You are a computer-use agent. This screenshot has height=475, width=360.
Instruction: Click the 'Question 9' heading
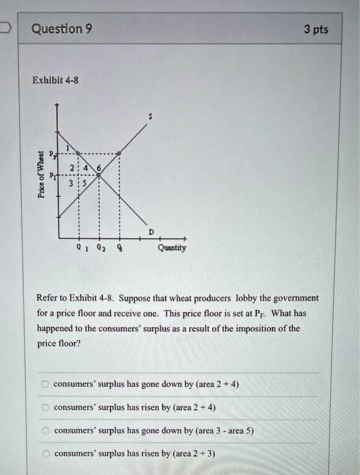pyautogui.click(x=63, y=28)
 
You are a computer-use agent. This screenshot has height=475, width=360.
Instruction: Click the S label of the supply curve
pyautogui.click(x=150, y=117)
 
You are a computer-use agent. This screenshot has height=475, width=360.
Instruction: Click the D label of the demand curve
pyautogui.click(x=151, y=232)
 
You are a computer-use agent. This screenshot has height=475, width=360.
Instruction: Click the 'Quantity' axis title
pyautogui.click(x=172, y=248)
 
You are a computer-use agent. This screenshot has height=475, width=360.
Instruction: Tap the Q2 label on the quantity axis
pyautogui.click(x=100, y=248)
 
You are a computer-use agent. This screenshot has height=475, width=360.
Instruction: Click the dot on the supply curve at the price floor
pyautogui.click(x=120, y=154)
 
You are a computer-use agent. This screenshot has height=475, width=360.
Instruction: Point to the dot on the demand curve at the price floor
pyautogui.click(x=79, y=154)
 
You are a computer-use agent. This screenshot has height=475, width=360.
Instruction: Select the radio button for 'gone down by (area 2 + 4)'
pyautogui.click(x=44, y=384)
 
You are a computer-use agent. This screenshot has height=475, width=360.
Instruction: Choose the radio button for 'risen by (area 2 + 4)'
pyautogui.click(x=44, y=407)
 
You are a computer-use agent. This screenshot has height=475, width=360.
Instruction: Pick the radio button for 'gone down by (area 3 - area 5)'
pyautogui.click(x=44, y=430)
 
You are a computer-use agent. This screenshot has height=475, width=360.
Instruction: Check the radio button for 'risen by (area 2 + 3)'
pyautogui.click(x=44, y=453)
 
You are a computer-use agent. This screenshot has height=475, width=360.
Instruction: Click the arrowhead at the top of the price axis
pyautogui.click(x=58, y=106)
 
